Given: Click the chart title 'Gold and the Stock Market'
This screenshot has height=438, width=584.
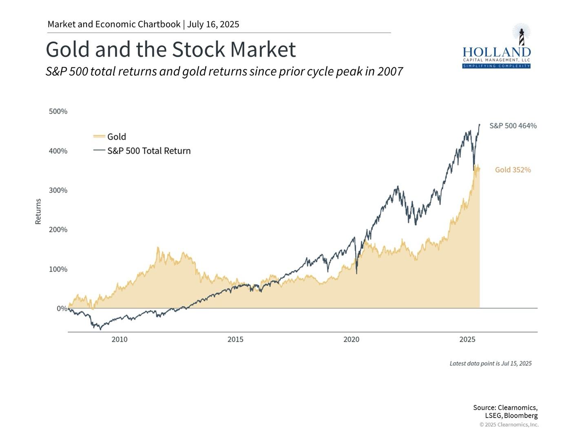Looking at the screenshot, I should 170,50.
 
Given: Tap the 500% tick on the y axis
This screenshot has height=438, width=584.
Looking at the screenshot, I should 58,111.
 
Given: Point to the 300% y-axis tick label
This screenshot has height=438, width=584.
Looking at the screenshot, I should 58,190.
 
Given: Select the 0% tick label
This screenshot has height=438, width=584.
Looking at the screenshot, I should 62,309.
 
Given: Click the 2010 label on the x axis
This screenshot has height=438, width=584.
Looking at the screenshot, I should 119,339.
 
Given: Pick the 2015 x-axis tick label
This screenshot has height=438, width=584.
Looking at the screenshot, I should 235,339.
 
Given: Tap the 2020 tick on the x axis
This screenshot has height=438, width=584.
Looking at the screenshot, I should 351,339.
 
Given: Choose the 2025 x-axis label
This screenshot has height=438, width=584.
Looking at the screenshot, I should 467,339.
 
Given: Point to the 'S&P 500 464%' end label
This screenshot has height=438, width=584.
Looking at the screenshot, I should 513,126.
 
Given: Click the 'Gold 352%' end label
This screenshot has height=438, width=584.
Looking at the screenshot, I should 513,170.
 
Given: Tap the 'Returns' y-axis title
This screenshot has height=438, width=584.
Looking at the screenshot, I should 38,211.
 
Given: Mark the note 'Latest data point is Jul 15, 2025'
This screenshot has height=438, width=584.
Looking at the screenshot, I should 491,363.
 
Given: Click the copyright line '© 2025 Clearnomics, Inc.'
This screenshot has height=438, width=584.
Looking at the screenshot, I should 509,425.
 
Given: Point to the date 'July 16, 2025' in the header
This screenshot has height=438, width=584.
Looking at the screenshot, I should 213,24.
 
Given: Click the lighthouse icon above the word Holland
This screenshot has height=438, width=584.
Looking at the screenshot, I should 521,34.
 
